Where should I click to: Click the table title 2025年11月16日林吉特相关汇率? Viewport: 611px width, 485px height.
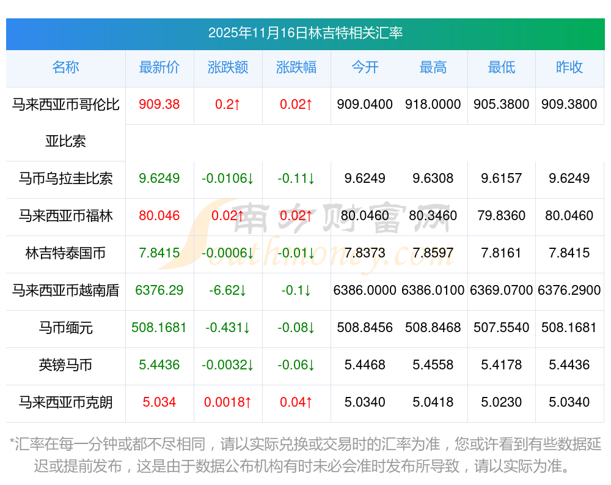coord(305,33)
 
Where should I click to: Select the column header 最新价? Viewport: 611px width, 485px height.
coord(159,67)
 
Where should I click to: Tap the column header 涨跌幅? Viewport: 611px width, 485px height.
coord(296,67)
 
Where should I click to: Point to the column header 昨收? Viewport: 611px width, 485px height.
coord(569,67)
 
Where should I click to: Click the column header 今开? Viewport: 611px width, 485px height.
coord(365,67)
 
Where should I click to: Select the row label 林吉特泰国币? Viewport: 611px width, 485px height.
coord(65,253)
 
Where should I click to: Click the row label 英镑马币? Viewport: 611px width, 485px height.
coord(65,365)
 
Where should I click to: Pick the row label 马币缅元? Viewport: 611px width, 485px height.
coord(65,328)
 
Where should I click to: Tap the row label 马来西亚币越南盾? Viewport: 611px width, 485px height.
coord(65,291)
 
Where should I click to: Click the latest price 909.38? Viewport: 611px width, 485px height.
coord(159,105)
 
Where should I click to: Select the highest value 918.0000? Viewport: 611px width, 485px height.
coord(433,105)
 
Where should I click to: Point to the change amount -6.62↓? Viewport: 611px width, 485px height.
coord(228,291)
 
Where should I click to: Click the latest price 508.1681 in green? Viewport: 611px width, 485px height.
coord(159,328)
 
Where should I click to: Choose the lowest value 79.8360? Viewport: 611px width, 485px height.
coord(502,216)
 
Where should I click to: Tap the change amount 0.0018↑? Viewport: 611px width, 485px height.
coord(228,402)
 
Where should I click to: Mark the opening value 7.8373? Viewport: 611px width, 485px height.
coord(365,253)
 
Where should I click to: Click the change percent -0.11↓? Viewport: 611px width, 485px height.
coord(296,179)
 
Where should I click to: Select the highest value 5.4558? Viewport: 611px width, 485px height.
coord(433,365)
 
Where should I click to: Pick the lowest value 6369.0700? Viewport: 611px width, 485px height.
coord(502,291)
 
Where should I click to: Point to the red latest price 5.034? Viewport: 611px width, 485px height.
coord(159,402)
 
